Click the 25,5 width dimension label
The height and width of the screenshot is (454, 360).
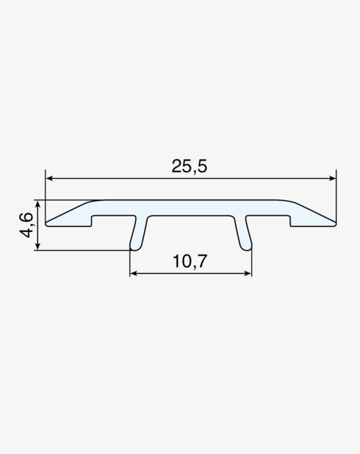click(x=189, y=166)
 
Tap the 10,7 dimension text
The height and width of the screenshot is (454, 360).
click(x=190, y=261)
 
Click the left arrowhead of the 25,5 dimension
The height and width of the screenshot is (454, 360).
click(x=50, y=179)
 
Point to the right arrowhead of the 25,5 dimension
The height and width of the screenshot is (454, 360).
click(x=332, y=179)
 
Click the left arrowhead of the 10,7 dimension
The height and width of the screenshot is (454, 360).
click(x=133, y=273)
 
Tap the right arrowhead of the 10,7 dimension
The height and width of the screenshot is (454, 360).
click(x=248, y=273)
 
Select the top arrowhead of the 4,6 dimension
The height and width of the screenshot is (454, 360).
click(x=37, y=203)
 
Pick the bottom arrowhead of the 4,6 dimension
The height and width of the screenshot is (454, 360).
click(x=37, y=246)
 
